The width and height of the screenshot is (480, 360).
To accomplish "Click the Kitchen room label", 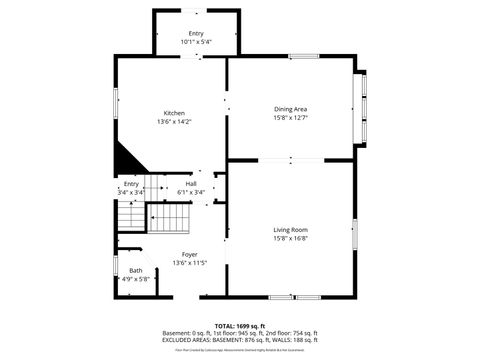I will (x=173, y=113).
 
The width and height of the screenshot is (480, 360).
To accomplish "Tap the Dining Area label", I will (x=290, y=109).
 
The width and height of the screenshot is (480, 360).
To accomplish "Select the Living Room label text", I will (x=290, y=230).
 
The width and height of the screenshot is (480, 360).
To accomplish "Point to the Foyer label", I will (x=189, y=254).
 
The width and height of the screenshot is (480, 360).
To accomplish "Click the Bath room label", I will (x=135, y=271).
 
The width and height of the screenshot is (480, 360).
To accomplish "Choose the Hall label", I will (x=190, y=184).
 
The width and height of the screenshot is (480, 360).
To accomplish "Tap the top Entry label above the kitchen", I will (x=195, y=34).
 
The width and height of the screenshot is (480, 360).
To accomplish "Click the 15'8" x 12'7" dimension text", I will (x=290, y=118).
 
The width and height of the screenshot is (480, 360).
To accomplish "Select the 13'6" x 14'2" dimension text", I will (x=173, y=122).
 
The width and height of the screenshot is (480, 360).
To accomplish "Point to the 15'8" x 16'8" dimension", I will (x=290, y=239).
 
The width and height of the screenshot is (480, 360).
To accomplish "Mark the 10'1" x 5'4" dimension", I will (x=195, y=42).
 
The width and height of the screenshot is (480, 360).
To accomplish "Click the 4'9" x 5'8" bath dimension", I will (x=135, y=279).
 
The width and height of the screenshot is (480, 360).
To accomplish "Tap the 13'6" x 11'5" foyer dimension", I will (x=189, y=263).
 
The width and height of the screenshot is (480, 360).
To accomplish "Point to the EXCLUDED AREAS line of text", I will (x=240, y=340).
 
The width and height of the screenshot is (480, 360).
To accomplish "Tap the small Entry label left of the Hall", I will (x=131, y=184).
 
